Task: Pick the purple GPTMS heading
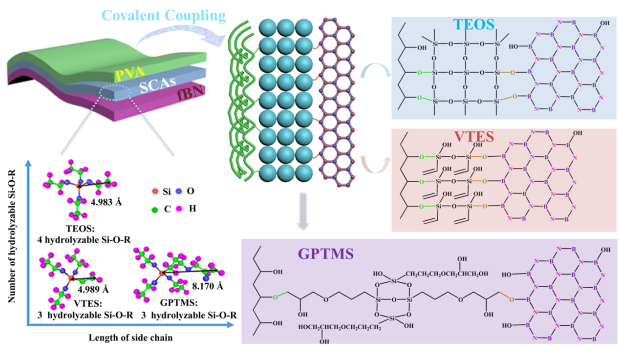coord(320,254)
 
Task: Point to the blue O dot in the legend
coord(179,191)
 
